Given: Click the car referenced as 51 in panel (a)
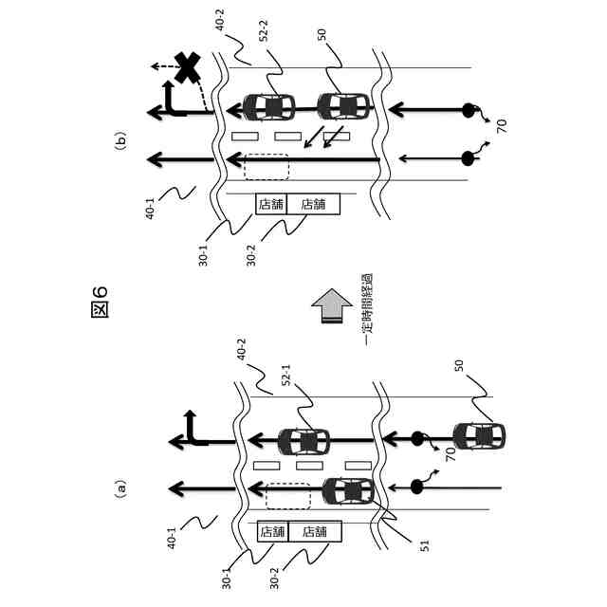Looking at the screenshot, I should [x=348, y=491].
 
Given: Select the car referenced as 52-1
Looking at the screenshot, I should [x=303, y=441].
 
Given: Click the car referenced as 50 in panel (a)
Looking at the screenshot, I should [x=478, y=438].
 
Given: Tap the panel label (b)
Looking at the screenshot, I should [x=120, y=144].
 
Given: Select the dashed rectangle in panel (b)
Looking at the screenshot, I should [x=267, y=165].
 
